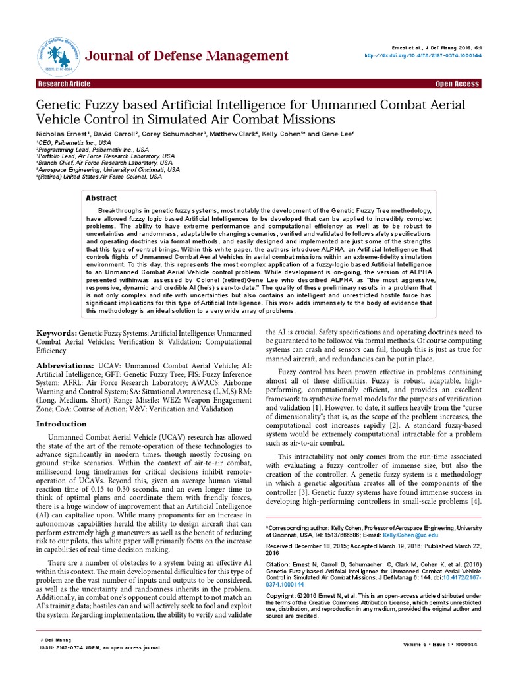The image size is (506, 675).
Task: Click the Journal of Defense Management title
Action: tap(178, 55)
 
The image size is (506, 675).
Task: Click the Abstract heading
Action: tap(101, 198)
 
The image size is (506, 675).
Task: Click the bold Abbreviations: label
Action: tap(67, 365)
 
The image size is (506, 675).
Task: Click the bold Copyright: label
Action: tap(281, 595)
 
